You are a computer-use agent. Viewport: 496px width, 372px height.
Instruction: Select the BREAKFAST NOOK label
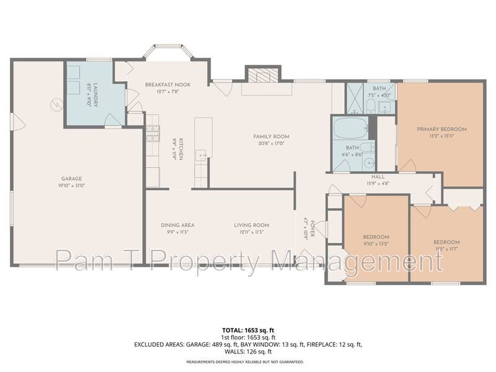167,84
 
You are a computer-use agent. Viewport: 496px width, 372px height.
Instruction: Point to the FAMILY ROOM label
271,136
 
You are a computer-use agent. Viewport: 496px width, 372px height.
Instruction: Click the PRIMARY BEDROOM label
441,129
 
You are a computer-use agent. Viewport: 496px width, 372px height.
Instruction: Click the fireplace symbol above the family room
263,74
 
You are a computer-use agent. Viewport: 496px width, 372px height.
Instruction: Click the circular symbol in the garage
56,105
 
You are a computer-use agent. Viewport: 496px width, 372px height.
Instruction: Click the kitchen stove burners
153,133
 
